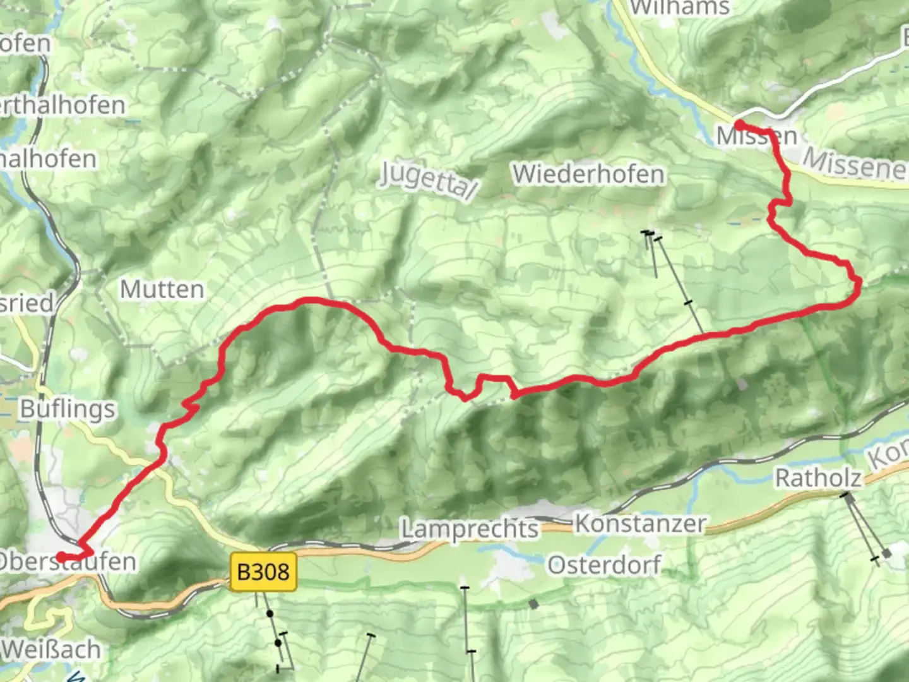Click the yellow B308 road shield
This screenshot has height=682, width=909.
[263, 572]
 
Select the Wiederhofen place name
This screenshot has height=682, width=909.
[588, 174]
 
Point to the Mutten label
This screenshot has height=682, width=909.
[162, 290]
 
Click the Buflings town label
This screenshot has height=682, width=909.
[68, 409]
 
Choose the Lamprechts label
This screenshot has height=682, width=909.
[470, 529]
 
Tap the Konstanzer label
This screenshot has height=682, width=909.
[640, 523]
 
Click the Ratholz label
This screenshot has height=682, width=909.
[818, 478]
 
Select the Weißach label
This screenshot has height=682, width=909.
[52, 649]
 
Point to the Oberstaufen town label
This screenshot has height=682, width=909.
[67, 561]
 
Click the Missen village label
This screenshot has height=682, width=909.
[757, 136]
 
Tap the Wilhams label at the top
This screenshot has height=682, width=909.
[680, 8]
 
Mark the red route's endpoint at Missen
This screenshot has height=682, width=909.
[738, 125]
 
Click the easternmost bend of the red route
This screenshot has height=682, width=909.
[858, 287]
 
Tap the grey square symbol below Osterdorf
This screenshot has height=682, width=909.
[534, 604]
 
